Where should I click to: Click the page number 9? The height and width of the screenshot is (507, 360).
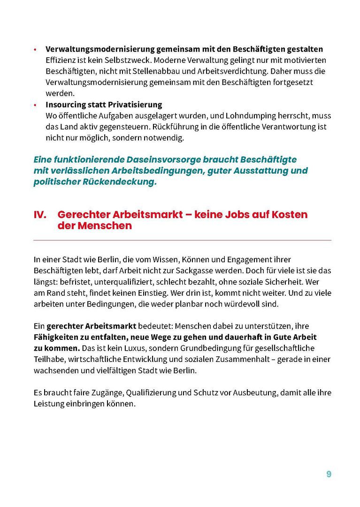pos(329,474)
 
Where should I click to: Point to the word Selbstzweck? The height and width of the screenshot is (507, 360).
pos(124,61)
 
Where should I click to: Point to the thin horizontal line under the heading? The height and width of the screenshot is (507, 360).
pos(182,240)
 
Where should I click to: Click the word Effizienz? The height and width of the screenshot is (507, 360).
pos(60,61)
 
